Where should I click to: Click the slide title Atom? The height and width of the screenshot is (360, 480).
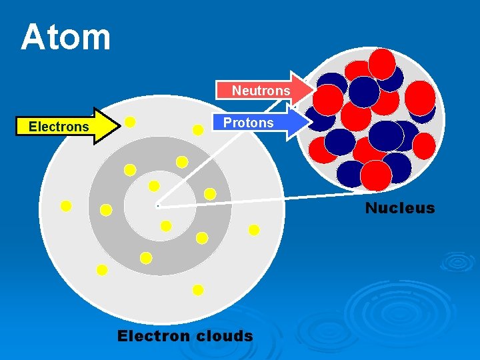coord(65,37)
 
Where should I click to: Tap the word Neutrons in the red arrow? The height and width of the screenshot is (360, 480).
coord(261,91)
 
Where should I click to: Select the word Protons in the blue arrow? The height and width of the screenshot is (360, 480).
coord(248,123)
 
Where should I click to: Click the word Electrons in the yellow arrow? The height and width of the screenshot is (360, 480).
coord(59,127)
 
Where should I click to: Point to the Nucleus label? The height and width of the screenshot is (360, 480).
coord(399,208)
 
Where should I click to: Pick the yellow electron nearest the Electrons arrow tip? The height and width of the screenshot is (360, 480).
coord(131,122)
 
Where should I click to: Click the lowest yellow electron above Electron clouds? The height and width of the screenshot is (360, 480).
coord(198,290)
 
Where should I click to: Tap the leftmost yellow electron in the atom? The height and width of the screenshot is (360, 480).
coord(66,206)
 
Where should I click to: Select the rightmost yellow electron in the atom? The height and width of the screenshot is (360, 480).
coord(254,230)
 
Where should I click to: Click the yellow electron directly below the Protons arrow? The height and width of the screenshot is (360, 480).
coord(198,131)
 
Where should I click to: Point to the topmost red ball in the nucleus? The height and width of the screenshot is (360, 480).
coord(382,63)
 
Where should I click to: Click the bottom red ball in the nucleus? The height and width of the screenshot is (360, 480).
coord(376,175)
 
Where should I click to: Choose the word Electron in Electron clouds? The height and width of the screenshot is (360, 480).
coord(153,336)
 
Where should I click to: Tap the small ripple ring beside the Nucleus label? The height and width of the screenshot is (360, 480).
coord(457,261)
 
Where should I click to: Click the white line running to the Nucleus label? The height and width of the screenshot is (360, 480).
coord(267,199)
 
